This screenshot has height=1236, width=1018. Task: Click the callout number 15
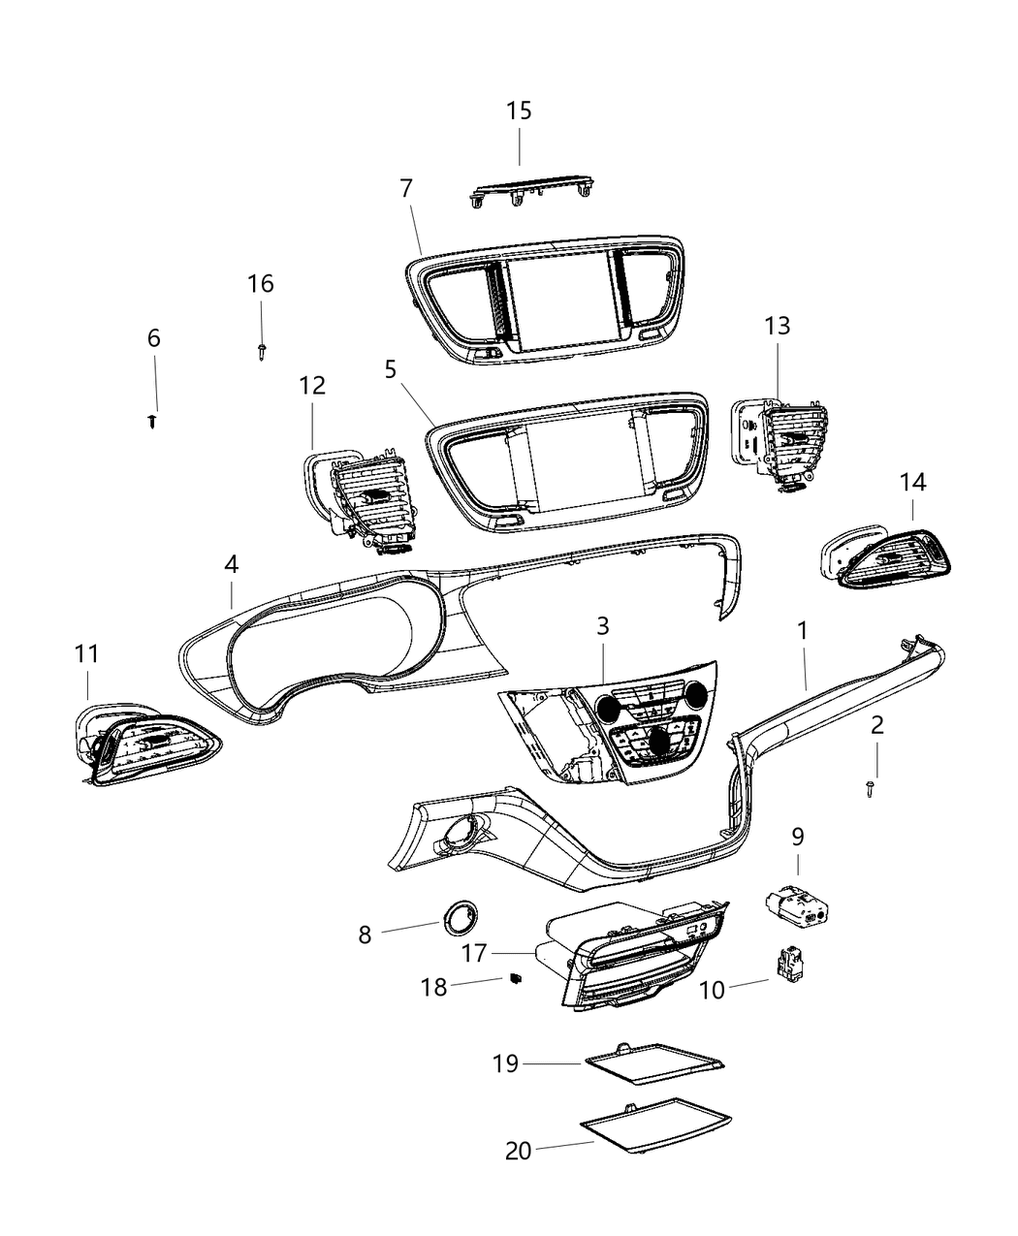point(519,111)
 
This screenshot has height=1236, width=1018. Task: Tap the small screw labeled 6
point(153,422)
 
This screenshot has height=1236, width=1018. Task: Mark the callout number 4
point(231,563)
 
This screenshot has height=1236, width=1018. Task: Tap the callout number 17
point(473,953)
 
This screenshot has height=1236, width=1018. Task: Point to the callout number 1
point(802,631)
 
